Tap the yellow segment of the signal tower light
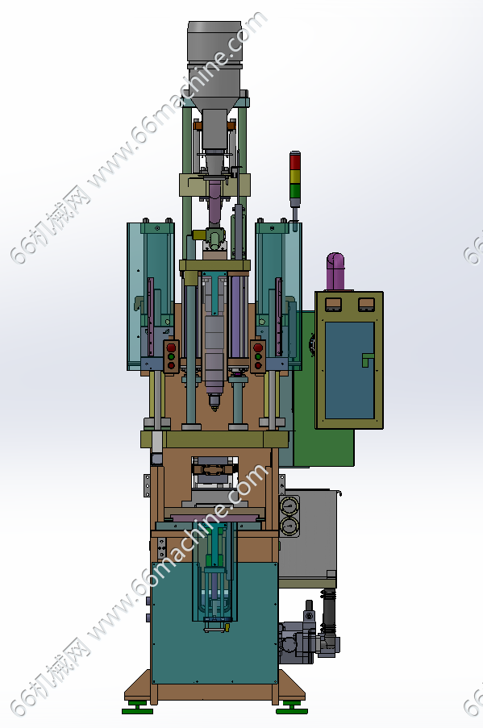295,177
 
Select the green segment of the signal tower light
295,191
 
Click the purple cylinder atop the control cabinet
335,272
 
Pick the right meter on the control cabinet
366,304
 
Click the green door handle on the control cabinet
367,360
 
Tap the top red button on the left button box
171,347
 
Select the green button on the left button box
171,356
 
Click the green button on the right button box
258,356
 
